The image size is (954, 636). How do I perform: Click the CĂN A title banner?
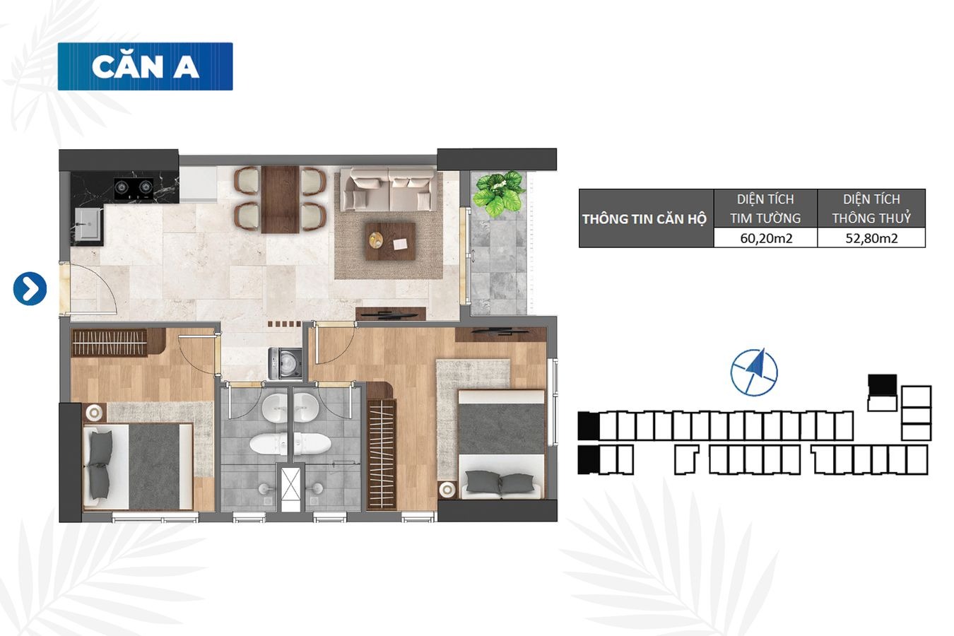click(146, 66)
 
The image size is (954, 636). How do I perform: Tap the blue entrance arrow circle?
click(30, 289)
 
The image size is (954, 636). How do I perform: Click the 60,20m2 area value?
click(766, 238)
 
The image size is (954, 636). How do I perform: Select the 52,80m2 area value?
click(871, 238)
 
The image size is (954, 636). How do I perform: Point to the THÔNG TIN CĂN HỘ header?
click(644, 219)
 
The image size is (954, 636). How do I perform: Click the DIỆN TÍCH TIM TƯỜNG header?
click(765, 208)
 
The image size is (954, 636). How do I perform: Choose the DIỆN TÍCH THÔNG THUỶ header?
click(871, 208)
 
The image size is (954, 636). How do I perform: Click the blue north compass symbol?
click(754, 372)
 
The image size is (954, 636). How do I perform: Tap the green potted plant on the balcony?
click(499, 194)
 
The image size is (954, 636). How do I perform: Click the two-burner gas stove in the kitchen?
click(134, 189)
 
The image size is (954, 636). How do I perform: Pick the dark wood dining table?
click(280, 199)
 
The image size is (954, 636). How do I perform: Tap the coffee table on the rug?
click(390, 241)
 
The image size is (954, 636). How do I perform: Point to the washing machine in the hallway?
click(285, 363)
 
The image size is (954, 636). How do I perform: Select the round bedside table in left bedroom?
click(93, 413)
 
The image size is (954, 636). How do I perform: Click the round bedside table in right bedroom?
click(447, 490)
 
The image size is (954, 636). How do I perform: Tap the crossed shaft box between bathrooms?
click(291, 489)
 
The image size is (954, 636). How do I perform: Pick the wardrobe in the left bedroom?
click(110, 343)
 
